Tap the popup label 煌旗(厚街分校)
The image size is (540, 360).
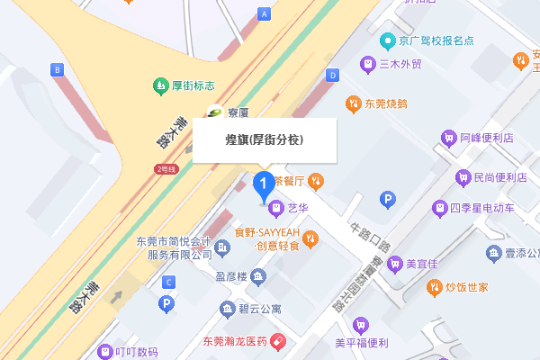[x=264, y=140]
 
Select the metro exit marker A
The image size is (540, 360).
[x=264, y=14]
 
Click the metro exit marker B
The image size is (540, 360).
[x=58, y=69]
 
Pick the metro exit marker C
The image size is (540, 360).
[x=167, y=283]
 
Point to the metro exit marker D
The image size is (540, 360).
[x=332, y=75]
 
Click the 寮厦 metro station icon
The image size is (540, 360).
[x=214, y=112]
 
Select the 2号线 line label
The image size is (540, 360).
[x=165, y=168]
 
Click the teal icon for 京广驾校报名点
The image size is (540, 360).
[x=387, y=40]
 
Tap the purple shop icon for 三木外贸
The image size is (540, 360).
[x=367, y=64]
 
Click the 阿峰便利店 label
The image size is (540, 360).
[x=486, y=139]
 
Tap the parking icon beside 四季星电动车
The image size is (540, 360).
[x=389, y=199]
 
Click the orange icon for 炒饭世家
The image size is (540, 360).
[x=433, y=287]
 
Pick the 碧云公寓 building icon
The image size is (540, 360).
[x=227, y=309]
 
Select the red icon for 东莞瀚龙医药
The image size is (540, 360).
[x=279, y=341]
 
